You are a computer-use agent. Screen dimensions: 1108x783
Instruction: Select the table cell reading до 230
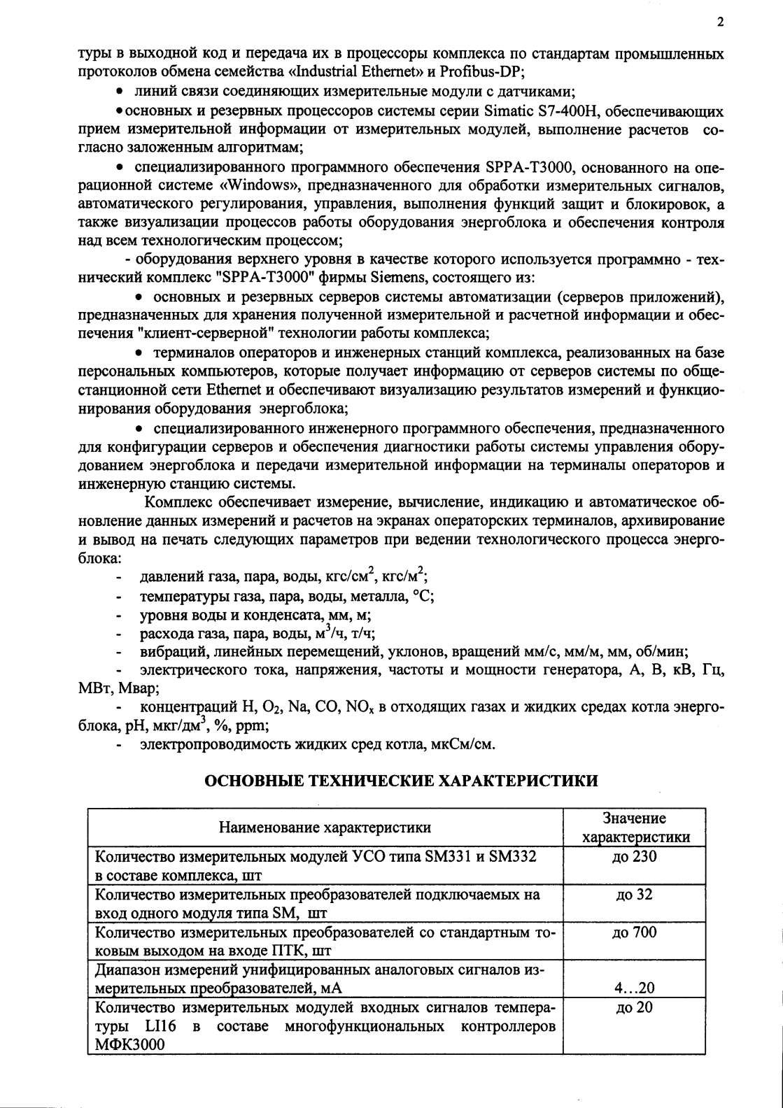point(634,856)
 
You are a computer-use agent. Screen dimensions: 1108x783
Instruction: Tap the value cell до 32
point(634,895)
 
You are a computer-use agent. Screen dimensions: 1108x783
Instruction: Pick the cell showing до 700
point(634,932)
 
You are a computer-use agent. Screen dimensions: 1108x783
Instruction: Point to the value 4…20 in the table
point(634,988)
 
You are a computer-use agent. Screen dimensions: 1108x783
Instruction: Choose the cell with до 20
point(634,1008)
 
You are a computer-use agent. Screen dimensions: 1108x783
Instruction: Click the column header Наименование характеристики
point(325,828)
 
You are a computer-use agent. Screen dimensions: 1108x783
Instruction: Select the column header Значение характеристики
point(634,828)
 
